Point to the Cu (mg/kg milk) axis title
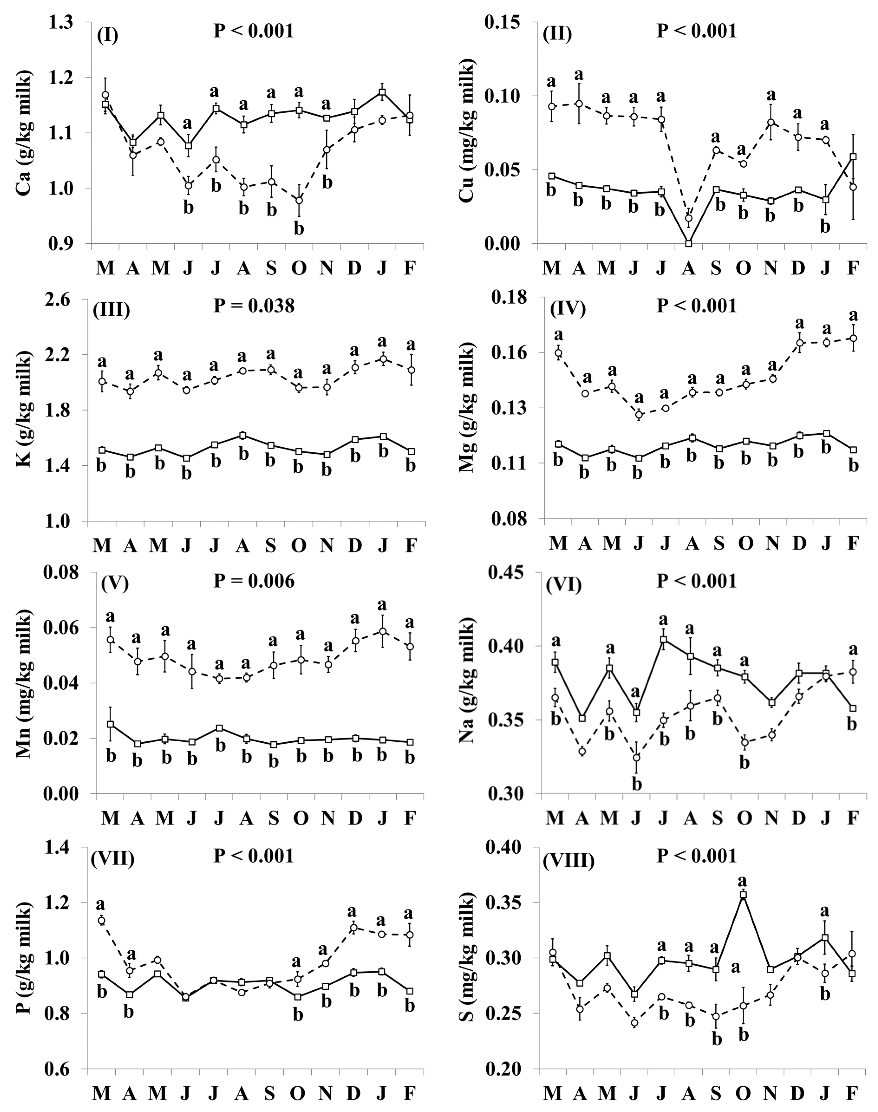point(469,133)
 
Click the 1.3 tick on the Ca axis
point(68,23)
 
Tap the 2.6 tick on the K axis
point(68,300)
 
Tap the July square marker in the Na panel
point(664,640)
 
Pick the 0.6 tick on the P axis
point(68,1070)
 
